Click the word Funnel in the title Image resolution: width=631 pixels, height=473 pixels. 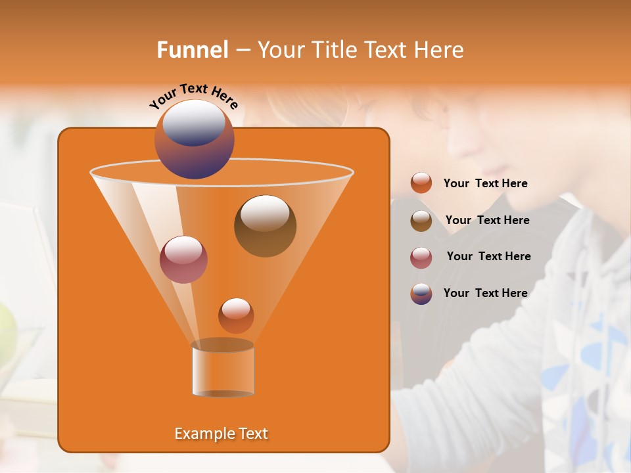tap(193, 50)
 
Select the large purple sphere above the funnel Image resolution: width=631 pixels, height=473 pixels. tap(195, 139)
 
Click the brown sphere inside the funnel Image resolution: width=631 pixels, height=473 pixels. tap(265, 225)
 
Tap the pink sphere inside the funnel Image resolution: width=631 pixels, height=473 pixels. tap(183, 259)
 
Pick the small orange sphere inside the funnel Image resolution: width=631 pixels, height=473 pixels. tap(236, 315)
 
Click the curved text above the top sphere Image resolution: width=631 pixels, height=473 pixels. tap(194, 96)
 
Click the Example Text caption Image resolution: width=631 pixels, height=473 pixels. tap(221, 434)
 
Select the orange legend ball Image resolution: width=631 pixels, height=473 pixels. tap(421, 183)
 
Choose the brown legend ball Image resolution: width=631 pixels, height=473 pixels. tap(421, 221)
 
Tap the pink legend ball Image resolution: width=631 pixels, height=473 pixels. tap(421, 258)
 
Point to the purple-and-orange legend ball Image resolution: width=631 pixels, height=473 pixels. tap(421, 294)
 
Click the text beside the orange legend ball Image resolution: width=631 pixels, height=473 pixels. tap(485, 183)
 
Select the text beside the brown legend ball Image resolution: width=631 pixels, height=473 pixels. tap(487, 220)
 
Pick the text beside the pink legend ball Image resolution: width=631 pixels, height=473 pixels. tap(488, 256)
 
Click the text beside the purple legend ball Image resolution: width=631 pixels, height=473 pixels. tap(485, 293)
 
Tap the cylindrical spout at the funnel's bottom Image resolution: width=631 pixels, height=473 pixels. tap(223, 371)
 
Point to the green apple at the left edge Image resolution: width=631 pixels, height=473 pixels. tap(5, 328)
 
